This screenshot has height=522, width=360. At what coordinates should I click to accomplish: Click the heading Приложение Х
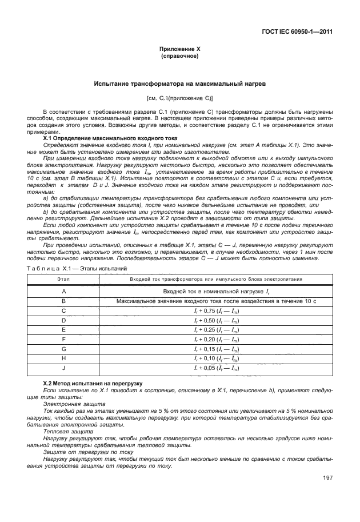(x=179, y=50)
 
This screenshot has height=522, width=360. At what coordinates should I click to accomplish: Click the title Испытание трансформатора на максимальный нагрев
(x=179, y=84)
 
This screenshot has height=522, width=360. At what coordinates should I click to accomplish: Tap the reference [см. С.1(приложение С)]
(x=179, y=97)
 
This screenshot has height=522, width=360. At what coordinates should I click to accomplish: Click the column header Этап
(x=64, y=278)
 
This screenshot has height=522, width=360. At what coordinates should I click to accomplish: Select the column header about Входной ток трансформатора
(x=216, y=278)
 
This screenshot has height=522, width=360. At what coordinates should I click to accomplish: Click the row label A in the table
(x=64, y=291)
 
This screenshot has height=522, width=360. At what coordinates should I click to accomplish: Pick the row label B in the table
(x=64, y=301)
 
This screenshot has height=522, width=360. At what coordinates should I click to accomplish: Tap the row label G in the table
(x=64, y=348)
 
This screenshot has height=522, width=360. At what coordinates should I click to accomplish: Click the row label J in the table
(x=64, y=368)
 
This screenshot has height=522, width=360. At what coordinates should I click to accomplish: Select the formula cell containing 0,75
(x=216, y=310)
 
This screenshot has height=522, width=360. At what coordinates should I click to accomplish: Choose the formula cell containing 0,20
(x=216, y=339)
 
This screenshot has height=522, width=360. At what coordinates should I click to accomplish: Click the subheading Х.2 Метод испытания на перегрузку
(x=93, y=382)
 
